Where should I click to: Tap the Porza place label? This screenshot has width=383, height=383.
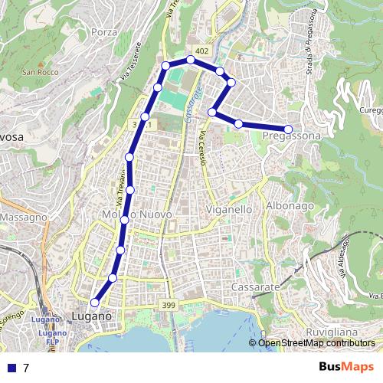pos(103,32)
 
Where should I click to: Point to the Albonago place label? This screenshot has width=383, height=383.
pos(290,206)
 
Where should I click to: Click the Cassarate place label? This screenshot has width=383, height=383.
pos(256,286)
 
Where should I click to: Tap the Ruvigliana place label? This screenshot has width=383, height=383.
pos(331,332)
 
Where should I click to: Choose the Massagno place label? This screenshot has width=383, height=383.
pos(25,218)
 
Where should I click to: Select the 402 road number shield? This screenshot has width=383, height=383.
pos(201,51)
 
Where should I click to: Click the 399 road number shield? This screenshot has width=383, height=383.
pos(169,306)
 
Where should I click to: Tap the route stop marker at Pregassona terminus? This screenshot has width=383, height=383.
pos(289,129)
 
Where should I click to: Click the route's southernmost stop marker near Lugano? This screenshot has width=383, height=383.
pos(95,303)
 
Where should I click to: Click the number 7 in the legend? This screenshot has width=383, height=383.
pos(26,368)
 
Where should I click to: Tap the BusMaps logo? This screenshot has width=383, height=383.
pos(342,367)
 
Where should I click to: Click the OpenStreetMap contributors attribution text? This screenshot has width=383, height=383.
pos(316,342)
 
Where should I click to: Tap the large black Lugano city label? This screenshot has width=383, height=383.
pos(91,316)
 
